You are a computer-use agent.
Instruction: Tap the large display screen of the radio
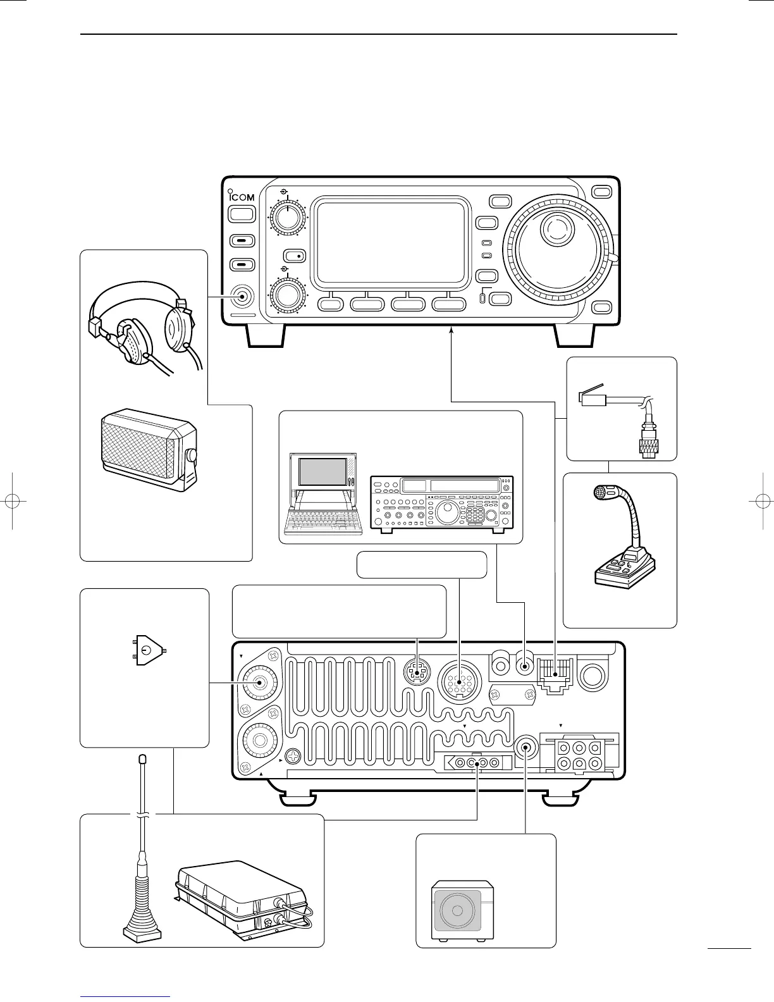point(391,244)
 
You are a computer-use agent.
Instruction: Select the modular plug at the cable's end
point(593,399)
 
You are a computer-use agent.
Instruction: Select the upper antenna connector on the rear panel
point(260,682)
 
